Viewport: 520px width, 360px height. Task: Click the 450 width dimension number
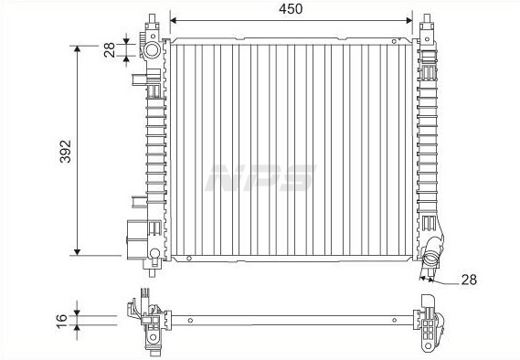click(291, 9)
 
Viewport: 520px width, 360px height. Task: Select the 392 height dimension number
click(65, 151)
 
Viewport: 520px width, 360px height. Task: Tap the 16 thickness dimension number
click(61, 321)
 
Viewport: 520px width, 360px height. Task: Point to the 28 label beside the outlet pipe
click(469, 280)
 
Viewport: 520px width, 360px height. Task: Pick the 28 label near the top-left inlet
click(110, 50)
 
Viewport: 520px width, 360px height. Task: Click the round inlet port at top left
click(153, 50)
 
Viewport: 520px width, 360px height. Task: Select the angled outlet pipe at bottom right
click(431, 253)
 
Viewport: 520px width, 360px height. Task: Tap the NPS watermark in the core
click(260, 177)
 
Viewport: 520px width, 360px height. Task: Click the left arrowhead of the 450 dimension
click(174, 20)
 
